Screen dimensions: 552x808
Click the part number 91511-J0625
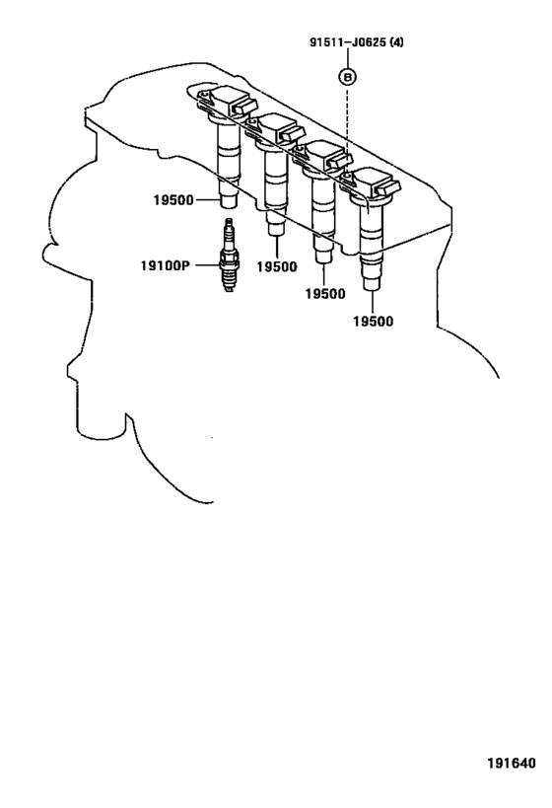348,41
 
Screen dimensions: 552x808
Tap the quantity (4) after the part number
396,41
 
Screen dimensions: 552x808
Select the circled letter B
348,77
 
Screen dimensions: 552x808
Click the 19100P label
166,265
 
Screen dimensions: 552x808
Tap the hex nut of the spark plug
229,256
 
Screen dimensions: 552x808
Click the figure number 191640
512,763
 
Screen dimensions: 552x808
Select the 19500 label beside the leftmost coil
173,200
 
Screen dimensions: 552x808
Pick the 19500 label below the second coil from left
277,266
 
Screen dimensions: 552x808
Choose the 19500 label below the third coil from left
325,294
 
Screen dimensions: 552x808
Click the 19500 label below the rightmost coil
373,321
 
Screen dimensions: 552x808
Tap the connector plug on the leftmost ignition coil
243,107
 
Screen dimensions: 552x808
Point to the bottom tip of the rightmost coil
372,290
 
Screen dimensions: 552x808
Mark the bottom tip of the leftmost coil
229,207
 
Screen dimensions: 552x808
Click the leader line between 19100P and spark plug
207,265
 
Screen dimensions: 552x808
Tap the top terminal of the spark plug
229,223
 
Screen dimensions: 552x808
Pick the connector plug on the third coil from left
337,159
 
